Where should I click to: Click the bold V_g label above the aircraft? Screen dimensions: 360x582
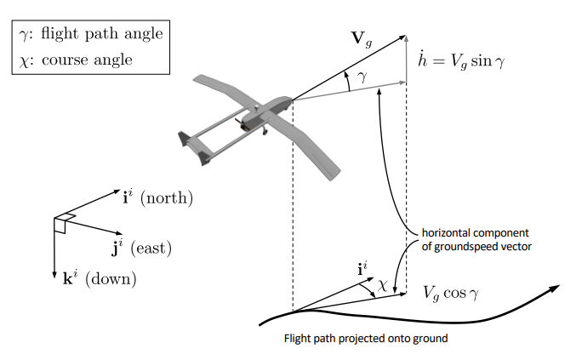362,38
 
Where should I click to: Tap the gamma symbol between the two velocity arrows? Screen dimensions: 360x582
362,77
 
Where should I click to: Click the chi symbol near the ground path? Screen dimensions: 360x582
382,288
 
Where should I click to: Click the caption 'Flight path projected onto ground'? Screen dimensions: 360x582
365,339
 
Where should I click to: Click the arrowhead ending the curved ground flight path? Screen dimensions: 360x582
554,289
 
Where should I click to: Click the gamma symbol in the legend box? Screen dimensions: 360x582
22,35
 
